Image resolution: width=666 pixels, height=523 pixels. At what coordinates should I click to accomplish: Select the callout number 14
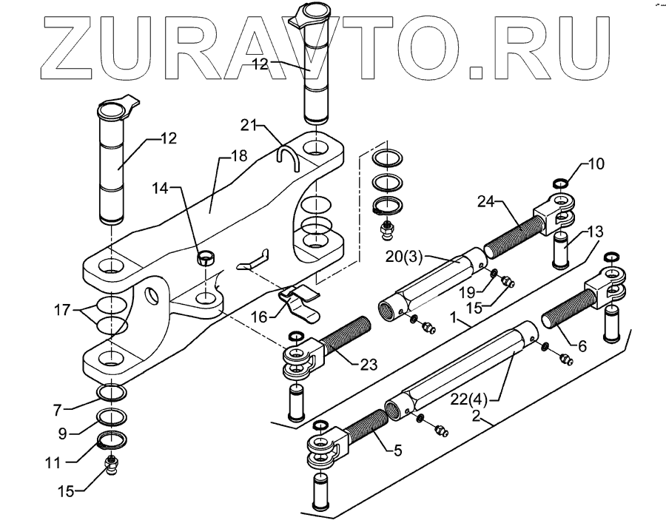[x=160, y=189]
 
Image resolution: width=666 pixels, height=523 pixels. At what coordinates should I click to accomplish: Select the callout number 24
[x=485, y=200]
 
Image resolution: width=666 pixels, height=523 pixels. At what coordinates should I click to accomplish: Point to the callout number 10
[x=596, y=163]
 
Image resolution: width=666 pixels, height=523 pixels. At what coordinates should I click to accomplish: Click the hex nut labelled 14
[x=207, y=259]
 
